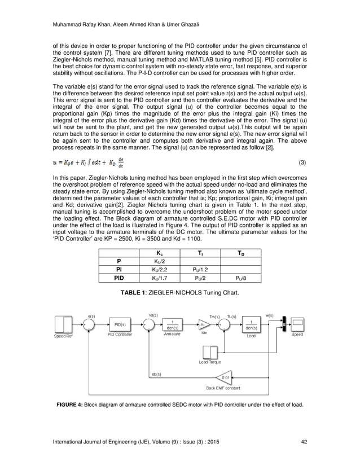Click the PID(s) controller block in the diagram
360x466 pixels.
(121, 324)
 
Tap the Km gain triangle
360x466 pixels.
(203, 324)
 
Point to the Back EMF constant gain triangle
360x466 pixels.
(226, 377)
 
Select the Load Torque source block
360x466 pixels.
(210, 352)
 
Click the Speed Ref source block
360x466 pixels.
(63, 324)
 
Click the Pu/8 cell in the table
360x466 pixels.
(241, 277)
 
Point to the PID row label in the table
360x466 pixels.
(119, 277)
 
